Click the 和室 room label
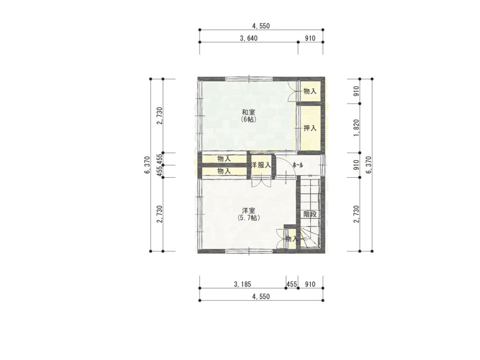(x=248, y=112)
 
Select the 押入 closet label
(x=310, y=128)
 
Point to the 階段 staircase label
(x=310, y=214)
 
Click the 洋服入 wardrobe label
(x=261, y=165)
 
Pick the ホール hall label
(x=298, y=165)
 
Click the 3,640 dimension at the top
(x=248, y=38)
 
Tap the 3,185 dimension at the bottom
(x=242, y=285)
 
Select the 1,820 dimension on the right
(x=356, y=128)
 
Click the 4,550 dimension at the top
(x=261, y=26)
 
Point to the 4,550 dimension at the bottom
(x=261, y=297)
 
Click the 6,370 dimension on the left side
(x=147, y=165)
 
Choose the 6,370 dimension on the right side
(x=368, y=165)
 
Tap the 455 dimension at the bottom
(x=292, y=285)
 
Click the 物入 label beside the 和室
(x=310, y=91)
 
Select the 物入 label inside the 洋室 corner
(x=291, y=239)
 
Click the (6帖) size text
(x=248, y=120)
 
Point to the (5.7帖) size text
(x=248, y=218)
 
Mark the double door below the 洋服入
(x=261, y=182)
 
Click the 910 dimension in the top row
(x=310, y=38)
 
